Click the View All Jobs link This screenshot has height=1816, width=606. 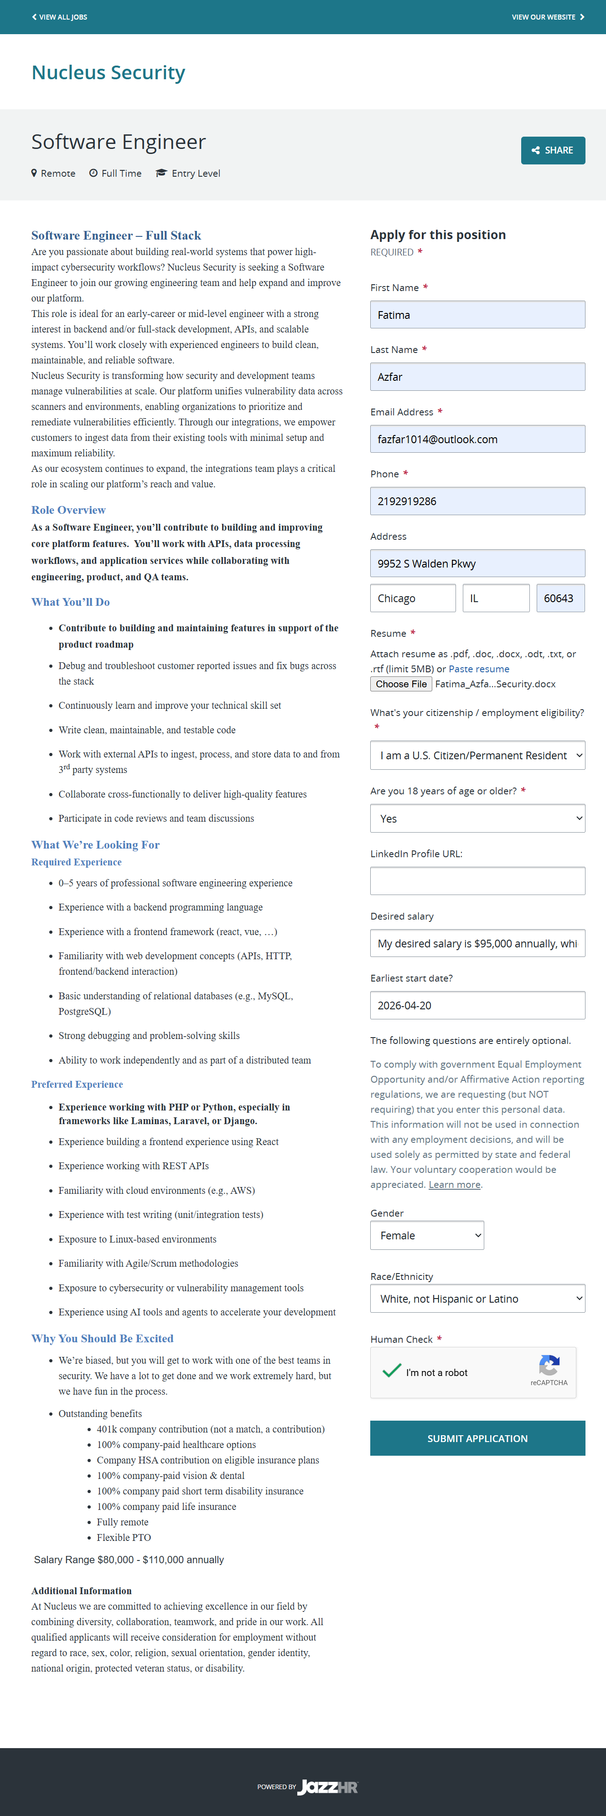pos(60,17)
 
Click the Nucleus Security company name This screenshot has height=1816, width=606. pos(109,72)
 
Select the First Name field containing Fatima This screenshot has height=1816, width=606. pos(477,314)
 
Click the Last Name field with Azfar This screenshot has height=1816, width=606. pos(477,376)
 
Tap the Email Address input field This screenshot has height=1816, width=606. pos(477,439)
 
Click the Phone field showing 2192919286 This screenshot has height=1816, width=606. pos(477,501)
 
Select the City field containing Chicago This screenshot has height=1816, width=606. pos(413,598)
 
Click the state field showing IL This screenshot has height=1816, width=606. pos(495,598)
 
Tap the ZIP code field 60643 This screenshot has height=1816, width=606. pos(560,598)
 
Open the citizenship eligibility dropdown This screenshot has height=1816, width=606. pos(477,755)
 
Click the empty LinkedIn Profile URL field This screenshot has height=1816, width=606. pos(477,880)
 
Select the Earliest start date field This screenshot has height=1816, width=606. pos(477,1005)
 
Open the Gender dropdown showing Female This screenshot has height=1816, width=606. pos(427,1235)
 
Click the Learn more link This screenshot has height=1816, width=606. pos(454,1184)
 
